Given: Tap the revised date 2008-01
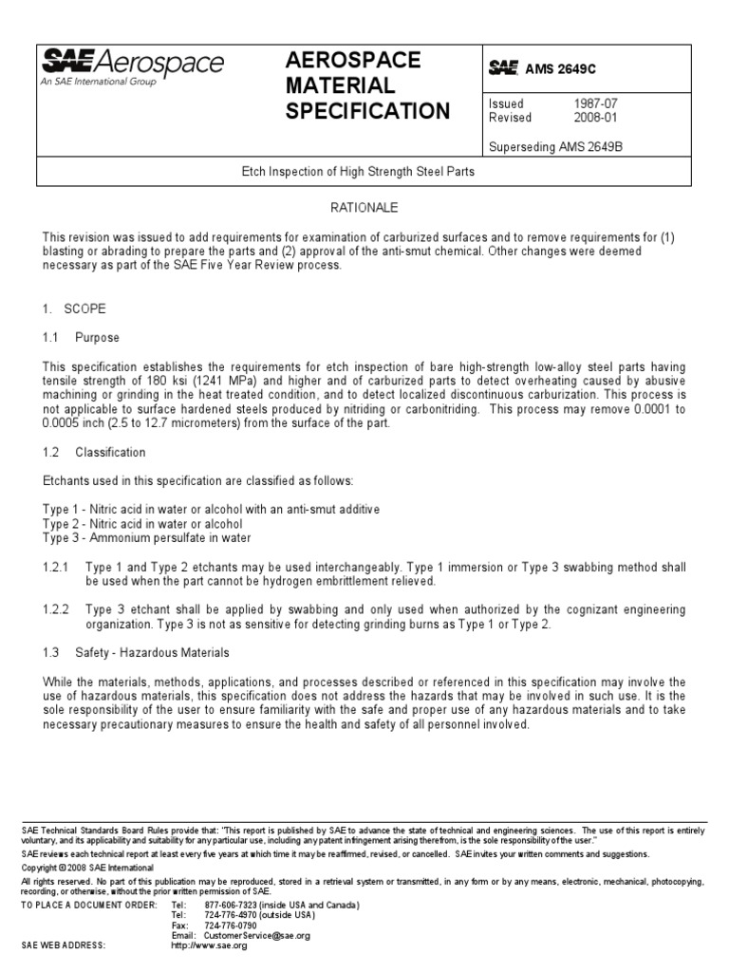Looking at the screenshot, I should [592, 118].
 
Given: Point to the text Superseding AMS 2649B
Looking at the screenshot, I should [555, 146].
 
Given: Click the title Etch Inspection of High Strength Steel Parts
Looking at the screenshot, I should [364, 173].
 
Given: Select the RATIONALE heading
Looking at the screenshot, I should [364, 207].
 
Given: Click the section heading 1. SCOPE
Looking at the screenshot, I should [74, 309].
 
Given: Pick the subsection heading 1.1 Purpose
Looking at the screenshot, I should [81, 338].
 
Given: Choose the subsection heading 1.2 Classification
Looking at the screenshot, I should [93, 453].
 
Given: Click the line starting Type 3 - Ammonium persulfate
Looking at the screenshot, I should [147, 538].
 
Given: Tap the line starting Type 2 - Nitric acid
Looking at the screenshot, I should [142, 524].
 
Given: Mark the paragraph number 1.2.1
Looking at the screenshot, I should [57, 567].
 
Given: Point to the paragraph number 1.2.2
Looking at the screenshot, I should [57, 609].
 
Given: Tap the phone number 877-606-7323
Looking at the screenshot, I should [223, 905].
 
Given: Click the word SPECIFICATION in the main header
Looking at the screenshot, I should [367, 111].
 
